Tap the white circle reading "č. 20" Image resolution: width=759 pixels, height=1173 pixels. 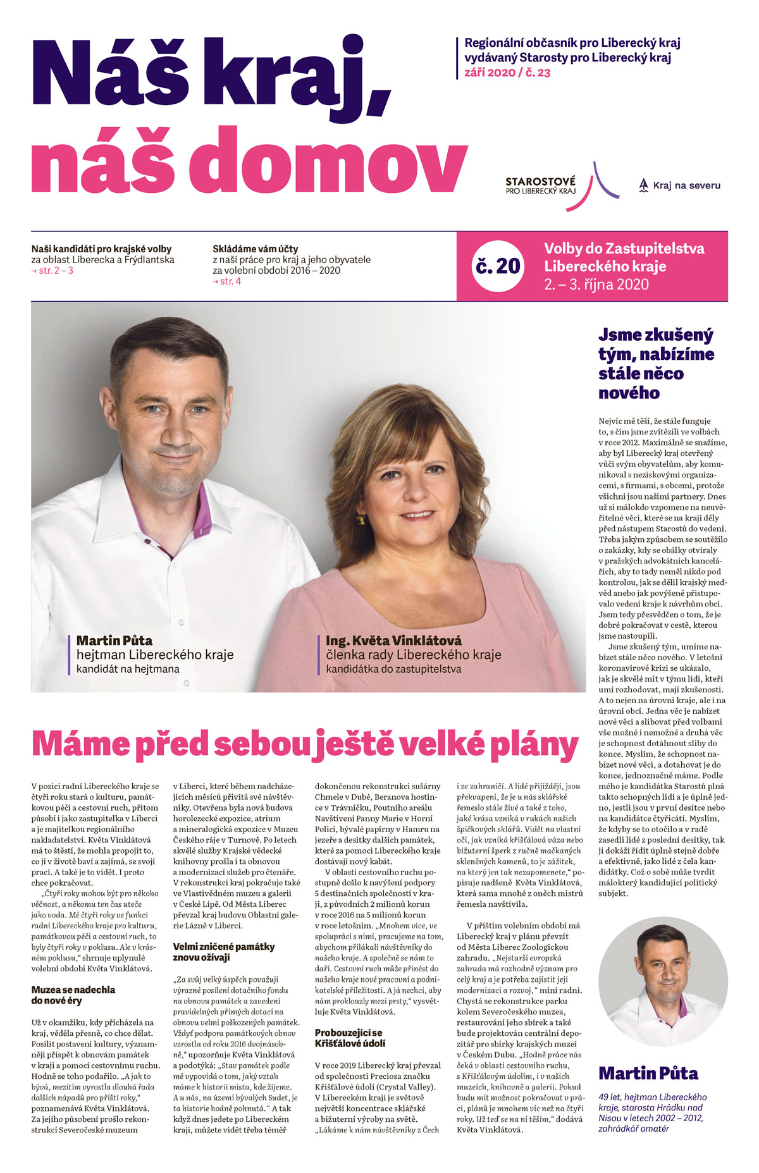click(498, 266)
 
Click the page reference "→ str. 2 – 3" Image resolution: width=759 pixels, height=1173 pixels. click(52, 271)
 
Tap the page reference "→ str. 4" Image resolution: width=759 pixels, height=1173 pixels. click(227, 281)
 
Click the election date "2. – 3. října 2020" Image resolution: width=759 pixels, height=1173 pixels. click(596, 285)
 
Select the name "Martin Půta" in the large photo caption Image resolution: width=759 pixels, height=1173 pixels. click(114, 641)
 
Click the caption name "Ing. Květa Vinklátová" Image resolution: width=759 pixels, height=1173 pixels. click(393, 641)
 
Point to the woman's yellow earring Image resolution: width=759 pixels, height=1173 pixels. click(362, 520)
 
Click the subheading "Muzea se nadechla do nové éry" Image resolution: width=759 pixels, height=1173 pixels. click(73, 995)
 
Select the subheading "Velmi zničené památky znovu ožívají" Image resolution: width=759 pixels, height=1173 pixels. click(224, 952)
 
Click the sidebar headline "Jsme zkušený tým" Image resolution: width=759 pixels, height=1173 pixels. click(655, 364)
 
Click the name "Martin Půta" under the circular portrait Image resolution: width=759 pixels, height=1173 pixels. click(648, 1073)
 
